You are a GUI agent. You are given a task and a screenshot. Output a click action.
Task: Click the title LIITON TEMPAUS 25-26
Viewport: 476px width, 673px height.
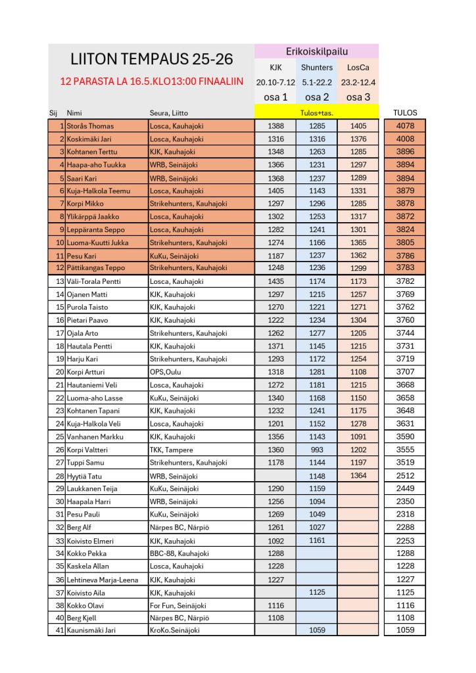[151, 59]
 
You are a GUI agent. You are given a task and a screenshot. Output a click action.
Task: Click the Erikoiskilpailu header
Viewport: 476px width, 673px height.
[317, 51]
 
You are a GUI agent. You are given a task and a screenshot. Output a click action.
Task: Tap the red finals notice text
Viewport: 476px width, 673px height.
[151, 82]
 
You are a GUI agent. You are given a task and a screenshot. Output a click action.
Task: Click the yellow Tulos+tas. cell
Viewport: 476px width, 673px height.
[316, 112]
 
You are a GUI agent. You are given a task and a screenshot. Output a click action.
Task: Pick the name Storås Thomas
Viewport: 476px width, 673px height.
[90, 126]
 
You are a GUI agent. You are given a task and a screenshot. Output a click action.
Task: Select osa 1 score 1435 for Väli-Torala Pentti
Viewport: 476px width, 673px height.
[276, 281]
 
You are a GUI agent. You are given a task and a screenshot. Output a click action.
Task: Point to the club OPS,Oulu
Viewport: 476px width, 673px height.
[165, 372]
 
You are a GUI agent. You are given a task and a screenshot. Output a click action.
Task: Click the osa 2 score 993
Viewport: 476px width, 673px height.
[317, 450]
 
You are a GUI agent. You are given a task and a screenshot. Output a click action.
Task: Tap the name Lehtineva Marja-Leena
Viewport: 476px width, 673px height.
[103, 579]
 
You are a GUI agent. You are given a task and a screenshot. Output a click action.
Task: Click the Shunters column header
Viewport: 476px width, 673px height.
[317, 67]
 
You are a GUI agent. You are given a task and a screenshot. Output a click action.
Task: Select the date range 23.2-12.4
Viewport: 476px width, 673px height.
[358, 83]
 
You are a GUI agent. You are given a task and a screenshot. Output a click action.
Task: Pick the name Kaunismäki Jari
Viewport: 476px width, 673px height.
[95, 630]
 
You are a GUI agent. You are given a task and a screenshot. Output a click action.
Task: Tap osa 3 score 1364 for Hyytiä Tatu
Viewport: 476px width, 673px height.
[358, 475]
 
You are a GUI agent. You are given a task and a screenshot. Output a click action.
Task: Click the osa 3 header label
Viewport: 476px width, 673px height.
[358, 97]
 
